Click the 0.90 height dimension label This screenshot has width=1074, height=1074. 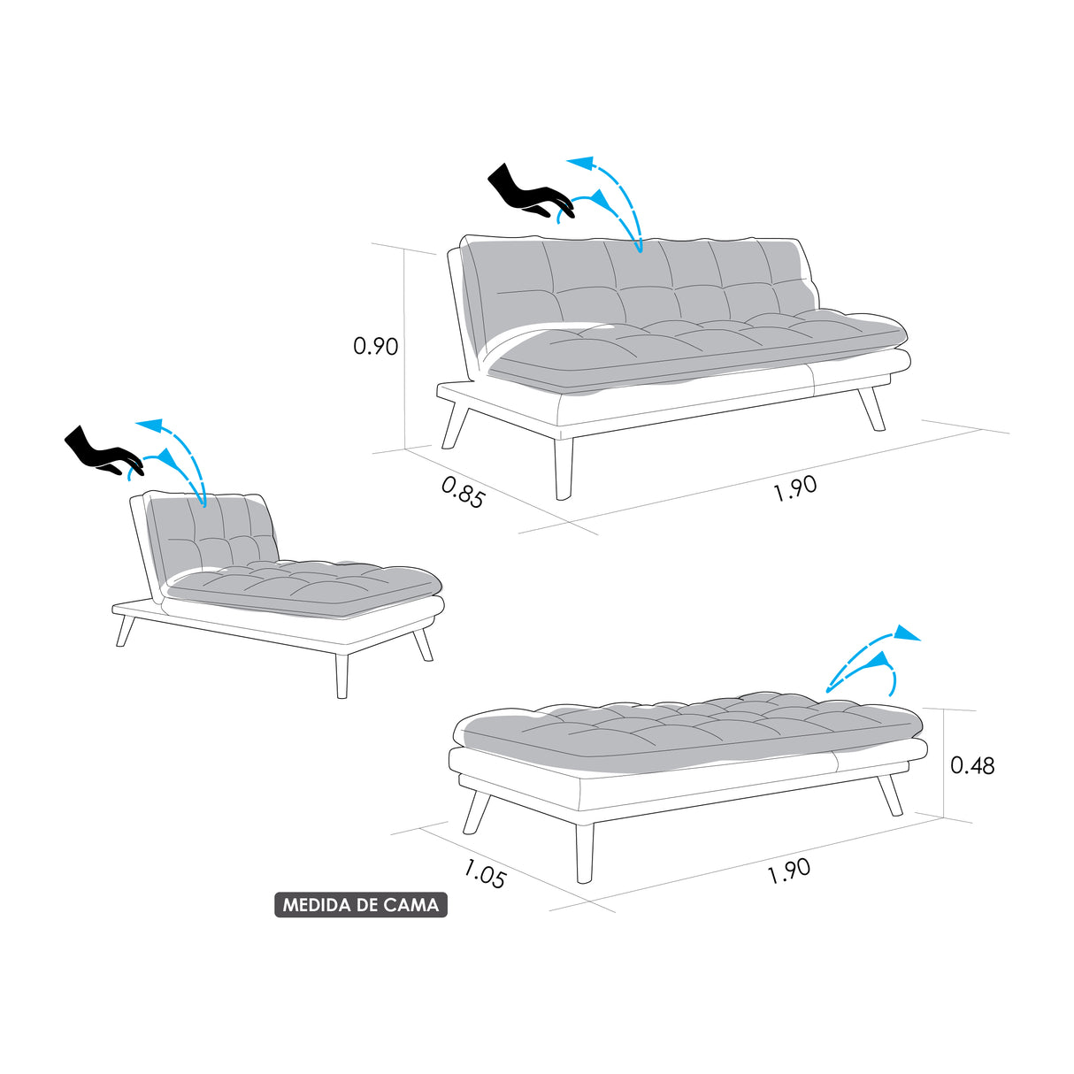point(376,346)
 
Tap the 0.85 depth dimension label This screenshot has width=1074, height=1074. point(463,492)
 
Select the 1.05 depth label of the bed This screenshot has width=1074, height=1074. point(485,874)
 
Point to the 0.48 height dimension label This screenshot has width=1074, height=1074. point(972,765)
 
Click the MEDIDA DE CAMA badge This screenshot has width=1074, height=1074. point(361,905)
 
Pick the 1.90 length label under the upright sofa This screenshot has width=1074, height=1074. point(794,487)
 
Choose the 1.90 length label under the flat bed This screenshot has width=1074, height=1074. point(788,871)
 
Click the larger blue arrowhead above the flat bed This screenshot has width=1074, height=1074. point(906,633)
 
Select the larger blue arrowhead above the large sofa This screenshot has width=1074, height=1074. point(580,163)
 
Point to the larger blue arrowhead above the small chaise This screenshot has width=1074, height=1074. point(151,426)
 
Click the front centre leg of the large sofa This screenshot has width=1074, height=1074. point(564,466)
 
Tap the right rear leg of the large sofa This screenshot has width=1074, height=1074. point(872,408)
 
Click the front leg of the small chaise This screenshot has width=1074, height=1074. point(341,675)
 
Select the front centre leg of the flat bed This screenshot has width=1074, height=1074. point(584,852)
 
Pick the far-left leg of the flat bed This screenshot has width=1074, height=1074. point(476,811)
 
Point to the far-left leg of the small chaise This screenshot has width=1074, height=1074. point(126,630)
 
